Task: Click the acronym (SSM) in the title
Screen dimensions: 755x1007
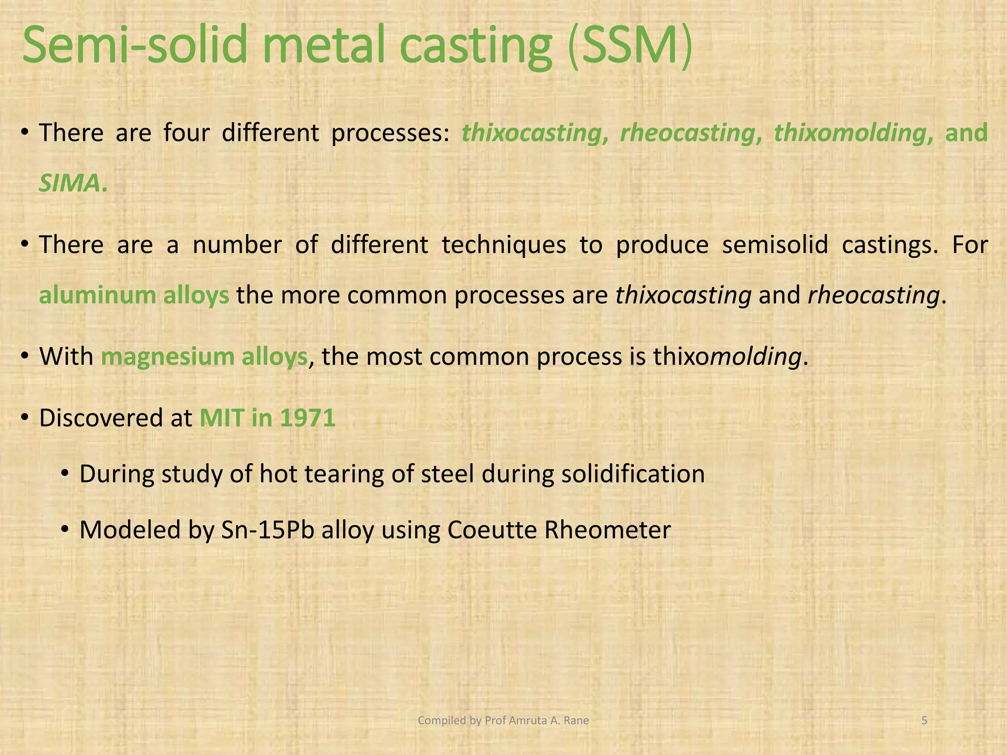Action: pos(630,46)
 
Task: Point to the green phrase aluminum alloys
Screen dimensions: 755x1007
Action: pos(134,295)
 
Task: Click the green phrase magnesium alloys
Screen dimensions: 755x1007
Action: pos(204,357)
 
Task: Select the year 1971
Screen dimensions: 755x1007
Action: pos(307,418)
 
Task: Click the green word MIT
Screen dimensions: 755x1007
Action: pos(221,418)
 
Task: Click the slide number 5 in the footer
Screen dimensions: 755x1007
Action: pos(924,721)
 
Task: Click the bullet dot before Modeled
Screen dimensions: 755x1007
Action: pos(65,530)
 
